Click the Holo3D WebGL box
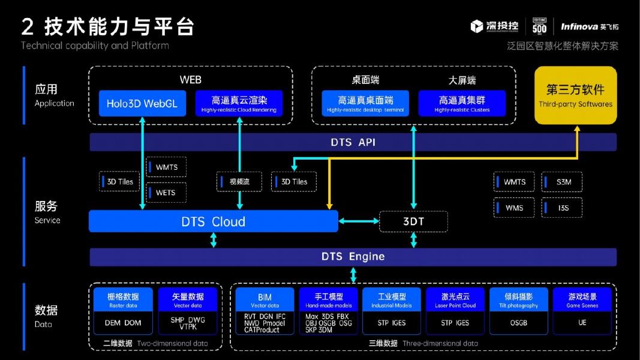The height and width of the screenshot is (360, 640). click(x=142, y=103)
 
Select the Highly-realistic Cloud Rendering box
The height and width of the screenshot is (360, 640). click(x=239, y=103)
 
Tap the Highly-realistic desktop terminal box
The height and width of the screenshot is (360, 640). click(x=365, y=103)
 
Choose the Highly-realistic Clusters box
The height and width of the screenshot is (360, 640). click(x=462, y=103)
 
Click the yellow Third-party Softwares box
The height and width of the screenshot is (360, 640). click(x=575, y=95)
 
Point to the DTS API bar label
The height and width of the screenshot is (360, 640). click(x=353, y=142)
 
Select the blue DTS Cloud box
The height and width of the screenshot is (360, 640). click(x=213, y=221)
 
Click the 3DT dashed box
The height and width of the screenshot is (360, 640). click(x=413, y=221)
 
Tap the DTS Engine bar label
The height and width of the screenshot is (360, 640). click(x=353, y=257)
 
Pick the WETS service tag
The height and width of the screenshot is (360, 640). click(x=166, y=193)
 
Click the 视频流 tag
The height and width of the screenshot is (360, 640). click(x=239, y=181)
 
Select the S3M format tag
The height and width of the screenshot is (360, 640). click(x=562, y=182)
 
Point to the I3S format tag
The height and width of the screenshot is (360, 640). click(x=562, y=208)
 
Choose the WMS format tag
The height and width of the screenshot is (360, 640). click(x=514, y=208)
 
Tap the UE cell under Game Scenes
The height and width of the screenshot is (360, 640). click(x=582, y=323)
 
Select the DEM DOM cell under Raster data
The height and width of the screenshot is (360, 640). click(x=123, y=323)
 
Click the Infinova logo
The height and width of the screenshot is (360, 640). click(x=589, y=26)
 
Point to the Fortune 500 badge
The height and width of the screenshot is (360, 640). click(x=539, y=26)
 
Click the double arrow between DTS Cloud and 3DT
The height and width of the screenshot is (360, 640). click(x=359, y=221)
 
